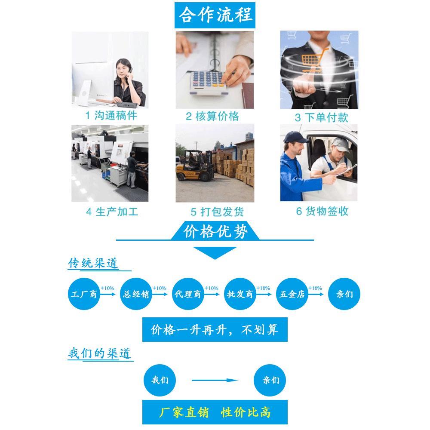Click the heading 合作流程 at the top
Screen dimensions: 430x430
pyautogui.click(x=215, y=15)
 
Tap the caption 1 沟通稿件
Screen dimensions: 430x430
pyautogui.click(x=111, y=116)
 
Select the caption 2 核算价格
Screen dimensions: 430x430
pyautogui.click(x=212, y=117)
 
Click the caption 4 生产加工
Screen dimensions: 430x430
pyautogui.click(x=112, y=212)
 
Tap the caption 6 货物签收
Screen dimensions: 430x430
pyautogui.click(x=322, y=212)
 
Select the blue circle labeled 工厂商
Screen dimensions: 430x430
pyautogui.click(x=84, y=295)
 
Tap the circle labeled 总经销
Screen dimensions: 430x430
pyautogui.click(x=136, y=295)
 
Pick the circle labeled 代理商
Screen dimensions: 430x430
pyautogui.click(x=188, y=295)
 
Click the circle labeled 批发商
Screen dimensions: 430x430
pyautogui.click(x=240, y=295)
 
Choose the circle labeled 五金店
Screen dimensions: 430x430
pyautogui.click(x=292, y=295)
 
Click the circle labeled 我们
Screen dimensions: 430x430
pyautogui.click(x=160, y=380)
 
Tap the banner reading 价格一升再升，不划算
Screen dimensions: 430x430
pyautogui.click(x=215, y=330)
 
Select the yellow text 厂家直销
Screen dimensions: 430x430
pyautogui.click(x=184, y=412)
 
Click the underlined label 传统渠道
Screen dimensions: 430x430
pyautogui.click(x=94, y=263)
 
